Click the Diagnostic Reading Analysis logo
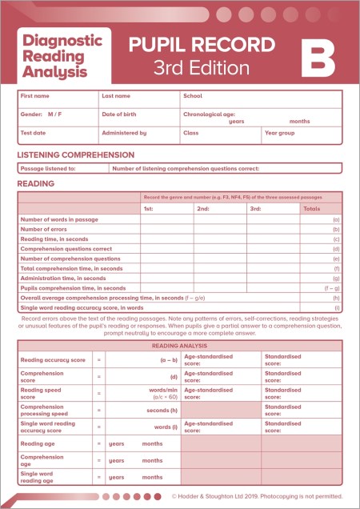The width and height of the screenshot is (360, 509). (x=63, y=54)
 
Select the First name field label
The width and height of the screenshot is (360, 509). (x=34, y=95)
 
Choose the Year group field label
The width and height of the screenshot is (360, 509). (x=280, y=133)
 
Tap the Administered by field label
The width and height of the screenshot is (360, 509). (x=124, y=133)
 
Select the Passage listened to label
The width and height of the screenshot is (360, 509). (x=48, y=169)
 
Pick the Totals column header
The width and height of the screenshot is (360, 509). (x=312, y=208)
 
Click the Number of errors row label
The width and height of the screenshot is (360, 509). (x=50, y=229)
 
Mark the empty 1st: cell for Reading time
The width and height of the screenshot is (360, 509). (x=166, y=238)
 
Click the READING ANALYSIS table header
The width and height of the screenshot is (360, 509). (x=180, y=345)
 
